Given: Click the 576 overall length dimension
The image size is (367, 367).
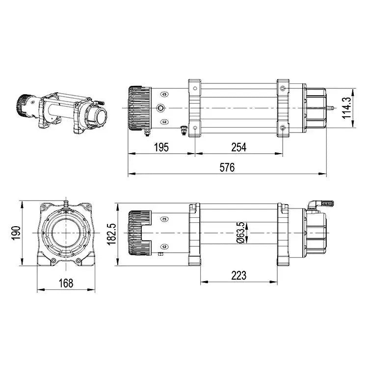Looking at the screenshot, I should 227,167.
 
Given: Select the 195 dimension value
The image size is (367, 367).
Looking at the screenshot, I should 161,147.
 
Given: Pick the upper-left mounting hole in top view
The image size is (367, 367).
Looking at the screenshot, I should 195,89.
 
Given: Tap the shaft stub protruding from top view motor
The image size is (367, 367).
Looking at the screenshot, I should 332,108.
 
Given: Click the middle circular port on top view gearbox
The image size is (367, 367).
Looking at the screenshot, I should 161,108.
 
